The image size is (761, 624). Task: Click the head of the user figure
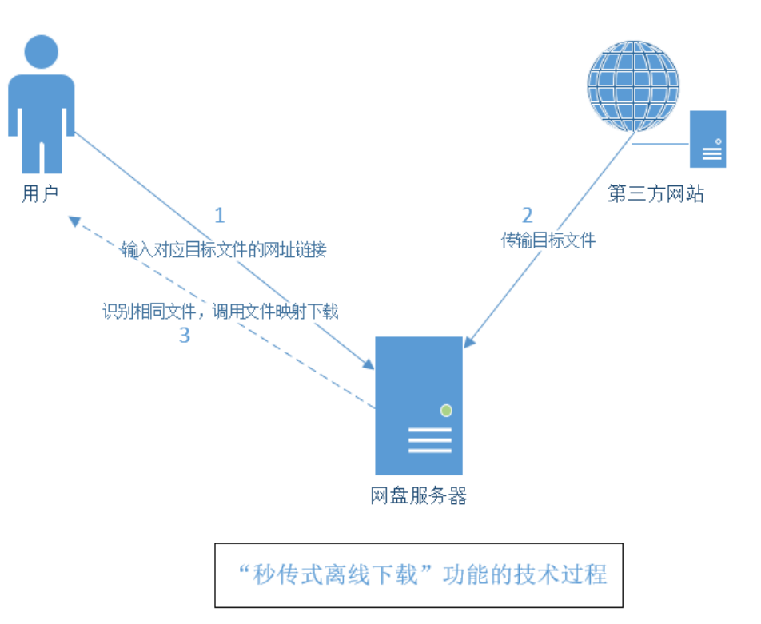click(42, 50)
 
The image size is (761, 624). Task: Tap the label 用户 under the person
click(40, 194)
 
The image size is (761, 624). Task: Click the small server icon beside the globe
click(707, 139)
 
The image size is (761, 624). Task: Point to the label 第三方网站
click(655, 194)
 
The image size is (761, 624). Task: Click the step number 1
click(220, 215)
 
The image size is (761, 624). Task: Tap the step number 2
click(527, 215)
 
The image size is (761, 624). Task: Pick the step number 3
click(185, 336)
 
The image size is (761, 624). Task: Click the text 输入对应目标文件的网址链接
click(224, 250)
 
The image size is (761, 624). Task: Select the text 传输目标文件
click(548, 240)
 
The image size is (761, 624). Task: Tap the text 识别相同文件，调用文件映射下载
click(221, 312)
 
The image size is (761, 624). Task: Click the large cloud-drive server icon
click(419, 405)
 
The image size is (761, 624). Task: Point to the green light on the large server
click(446, 411)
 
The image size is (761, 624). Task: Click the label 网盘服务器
click(419, 496)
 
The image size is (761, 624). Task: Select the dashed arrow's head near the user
click(73, 220)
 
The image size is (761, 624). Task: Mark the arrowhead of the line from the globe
click(468, 343)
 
